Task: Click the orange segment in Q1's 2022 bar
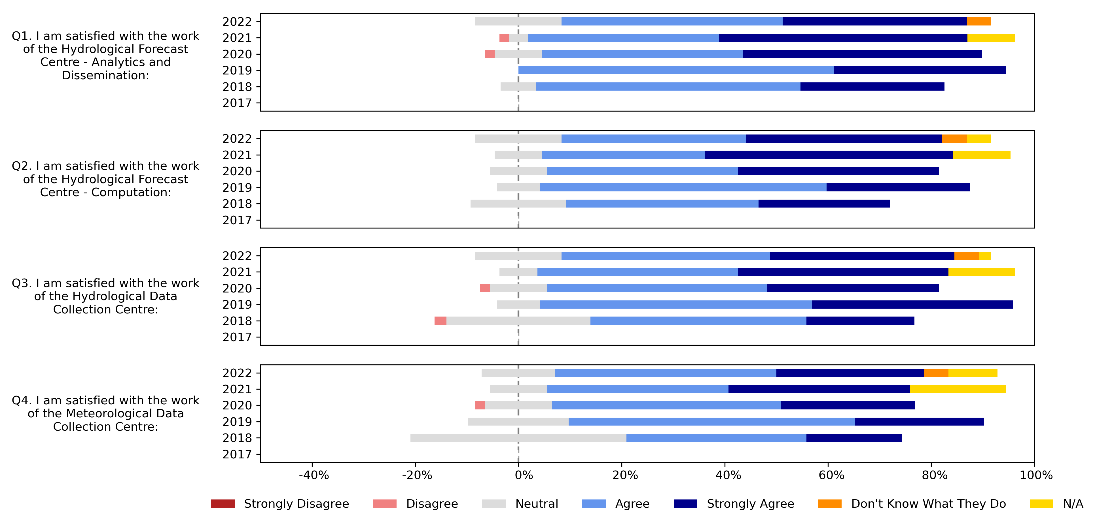(978, 21)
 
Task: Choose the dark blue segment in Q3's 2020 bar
(852, 288)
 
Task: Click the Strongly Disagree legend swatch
(223, 504)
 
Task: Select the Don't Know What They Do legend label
(928, 504)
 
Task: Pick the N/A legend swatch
(1041, 504)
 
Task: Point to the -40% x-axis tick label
(314, 475)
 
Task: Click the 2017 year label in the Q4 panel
(237, 454)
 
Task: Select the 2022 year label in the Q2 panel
(237, 138)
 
